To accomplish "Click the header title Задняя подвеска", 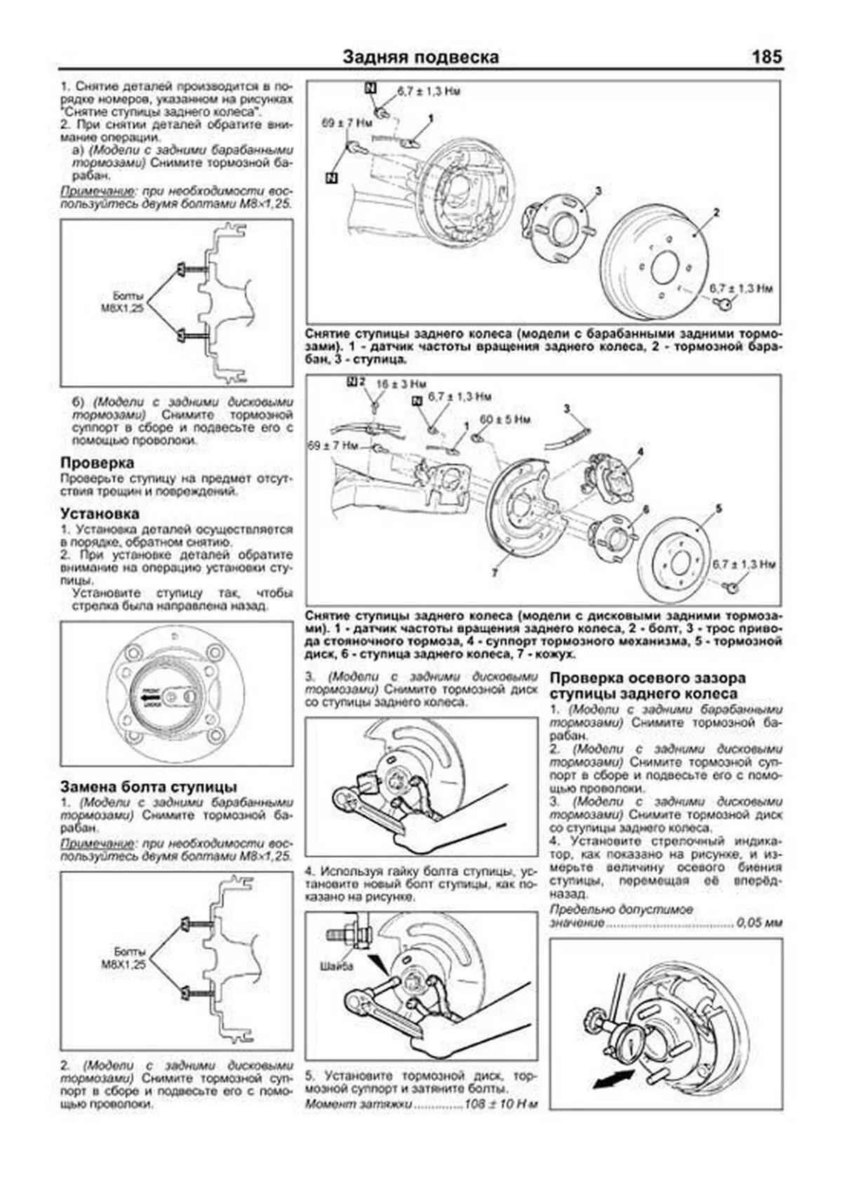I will [x=421, y=58].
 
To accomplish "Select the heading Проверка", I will [x=97, y=463].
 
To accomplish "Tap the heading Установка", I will [x=100, y=514].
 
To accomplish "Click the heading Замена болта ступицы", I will [x=149, y=787].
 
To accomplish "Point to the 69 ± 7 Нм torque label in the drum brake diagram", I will [x=346, y=122].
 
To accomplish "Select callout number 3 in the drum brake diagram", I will [x=598, y=190].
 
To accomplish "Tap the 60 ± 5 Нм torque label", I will [x=504, y=420].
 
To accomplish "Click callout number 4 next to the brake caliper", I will [x=640, y=451].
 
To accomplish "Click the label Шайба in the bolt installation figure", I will [x=335, y=966].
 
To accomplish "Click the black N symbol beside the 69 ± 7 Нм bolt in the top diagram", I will [x=332, y=178].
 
